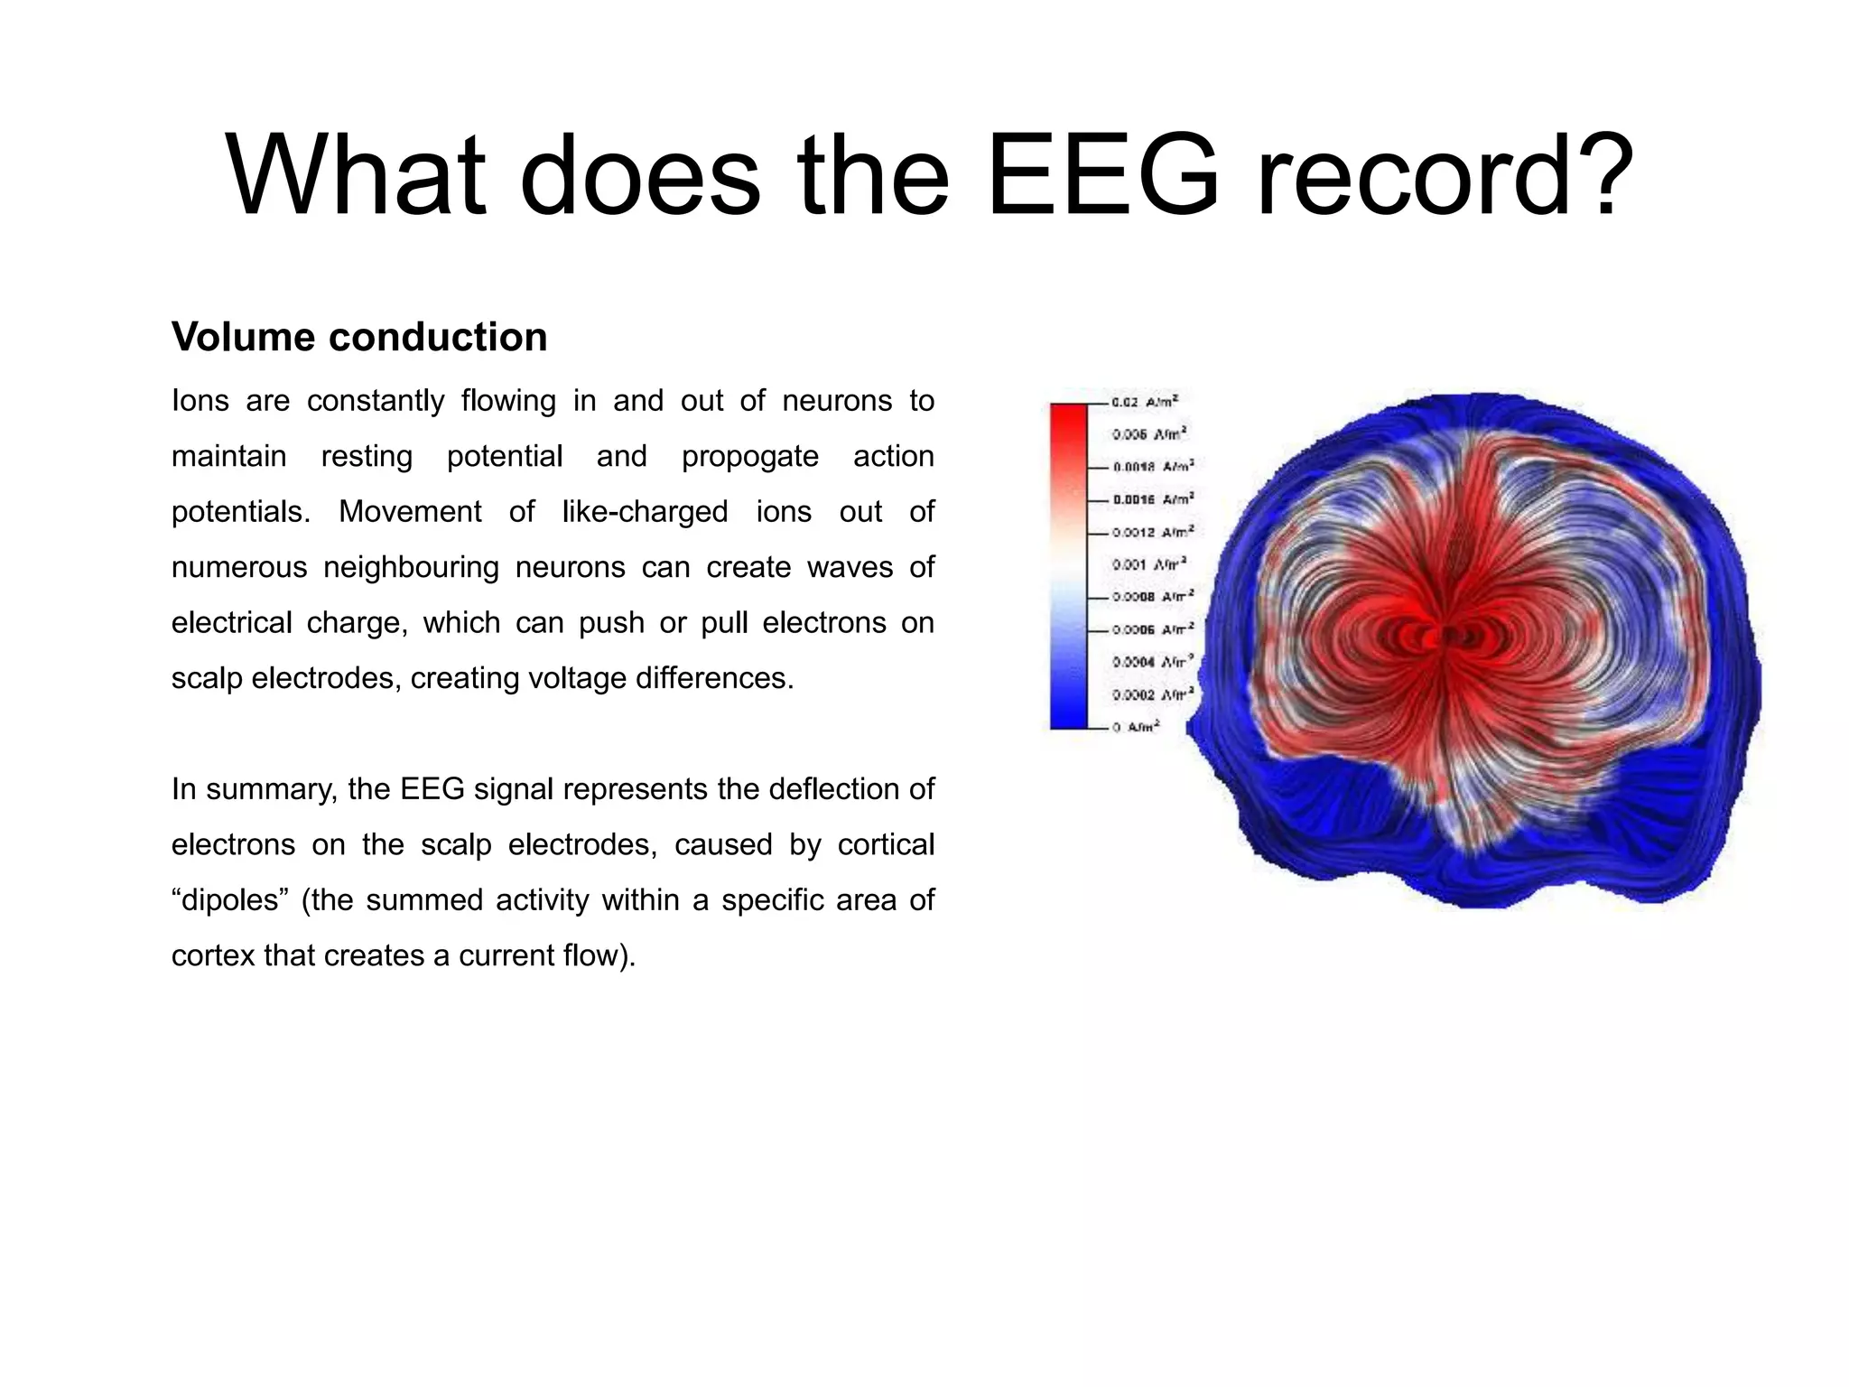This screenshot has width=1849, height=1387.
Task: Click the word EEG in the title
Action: (x=1102, y=175)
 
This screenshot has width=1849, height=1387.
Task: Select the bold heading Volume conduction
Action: (x=359, y=338)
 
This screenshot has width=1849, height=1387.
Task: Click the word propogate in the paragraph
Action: (x=749, y=456)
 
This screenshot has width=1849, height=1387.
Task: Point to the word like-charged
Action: (x=645, y=512)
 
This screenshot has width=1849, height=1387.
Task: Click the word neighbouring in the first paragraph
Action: (x=411, y=567)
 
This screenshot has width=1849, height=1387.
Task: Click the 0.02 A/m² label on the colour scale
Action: (x=1145, y=402)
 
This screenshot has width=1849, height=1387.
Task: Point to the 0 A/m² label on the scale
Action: (x=1137, y=727)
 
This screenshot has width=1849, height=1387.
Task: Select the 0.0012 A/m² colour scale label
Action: (x=1152, y=532)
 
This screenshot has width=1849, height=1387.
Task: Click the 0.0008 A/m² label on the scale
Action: (x=1152, y=597)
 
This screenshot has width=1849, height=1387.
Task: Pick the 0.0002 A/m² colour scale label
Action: (x=1152, y=694)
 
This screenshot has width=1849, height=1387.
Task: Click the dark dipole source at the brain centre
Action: (x=1448, y=635)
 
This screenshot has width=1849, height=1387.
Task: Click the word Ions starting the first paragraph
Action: (x=200, y=401)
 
